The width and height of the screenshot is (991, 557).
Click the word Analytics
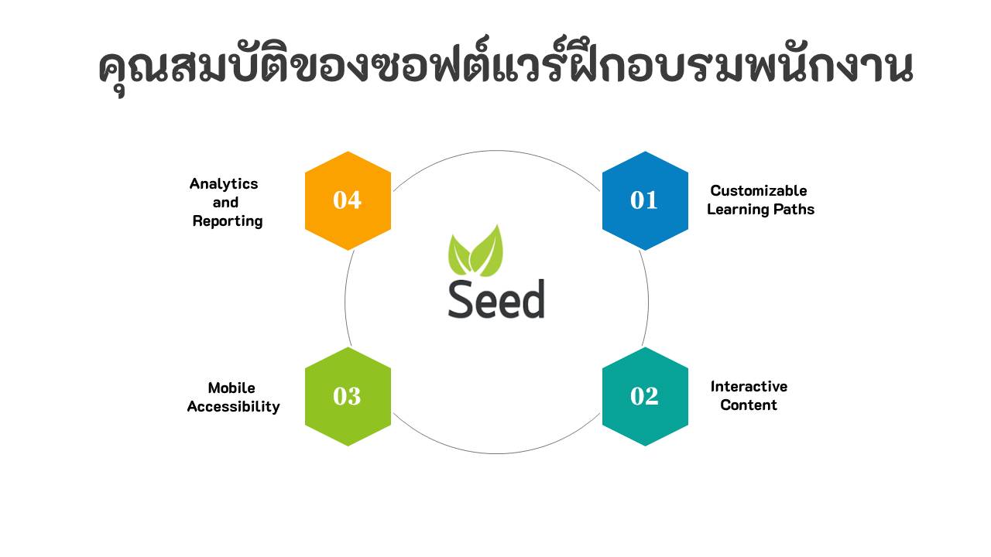pyautogui.click(x=224, y=184)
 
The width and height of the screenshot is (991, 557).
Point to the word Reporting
pyautogui.click(x=228, y=221)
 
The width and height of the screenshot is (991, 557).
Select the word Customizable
pyautogui.click(x=758, y=190)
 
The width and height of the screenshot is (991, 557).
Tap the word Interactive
pyautogui.click(x=749, y=386)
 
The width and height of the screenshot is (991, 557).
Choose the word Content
pyautogui.click(x=749, y=405)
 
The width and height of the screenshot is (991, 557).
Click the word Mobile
pyautogui.click(x=231, y=388)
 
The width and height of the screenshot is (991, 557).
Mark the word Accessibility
pyautogui.click(x=233, y=406)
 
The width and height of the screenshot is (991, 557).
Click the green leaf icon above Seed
pyautogui.click(x=476, y=251)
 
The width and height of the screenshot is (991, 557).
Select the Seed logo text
pyautogui.click(x=496, y=299)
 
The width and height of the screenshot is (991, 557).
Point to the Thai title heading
pyautogui.click(x=505, y=68)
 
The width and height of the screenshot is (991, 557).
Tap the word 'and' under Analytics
pyautogui.click(x=225, y=203)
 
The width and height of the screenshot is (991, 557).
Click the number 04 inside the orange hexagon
pyautogui.click(x=347, y=200)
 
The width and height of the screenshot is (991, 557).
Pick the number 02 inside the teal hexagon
pyautogui.click(x=644, y=396)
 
